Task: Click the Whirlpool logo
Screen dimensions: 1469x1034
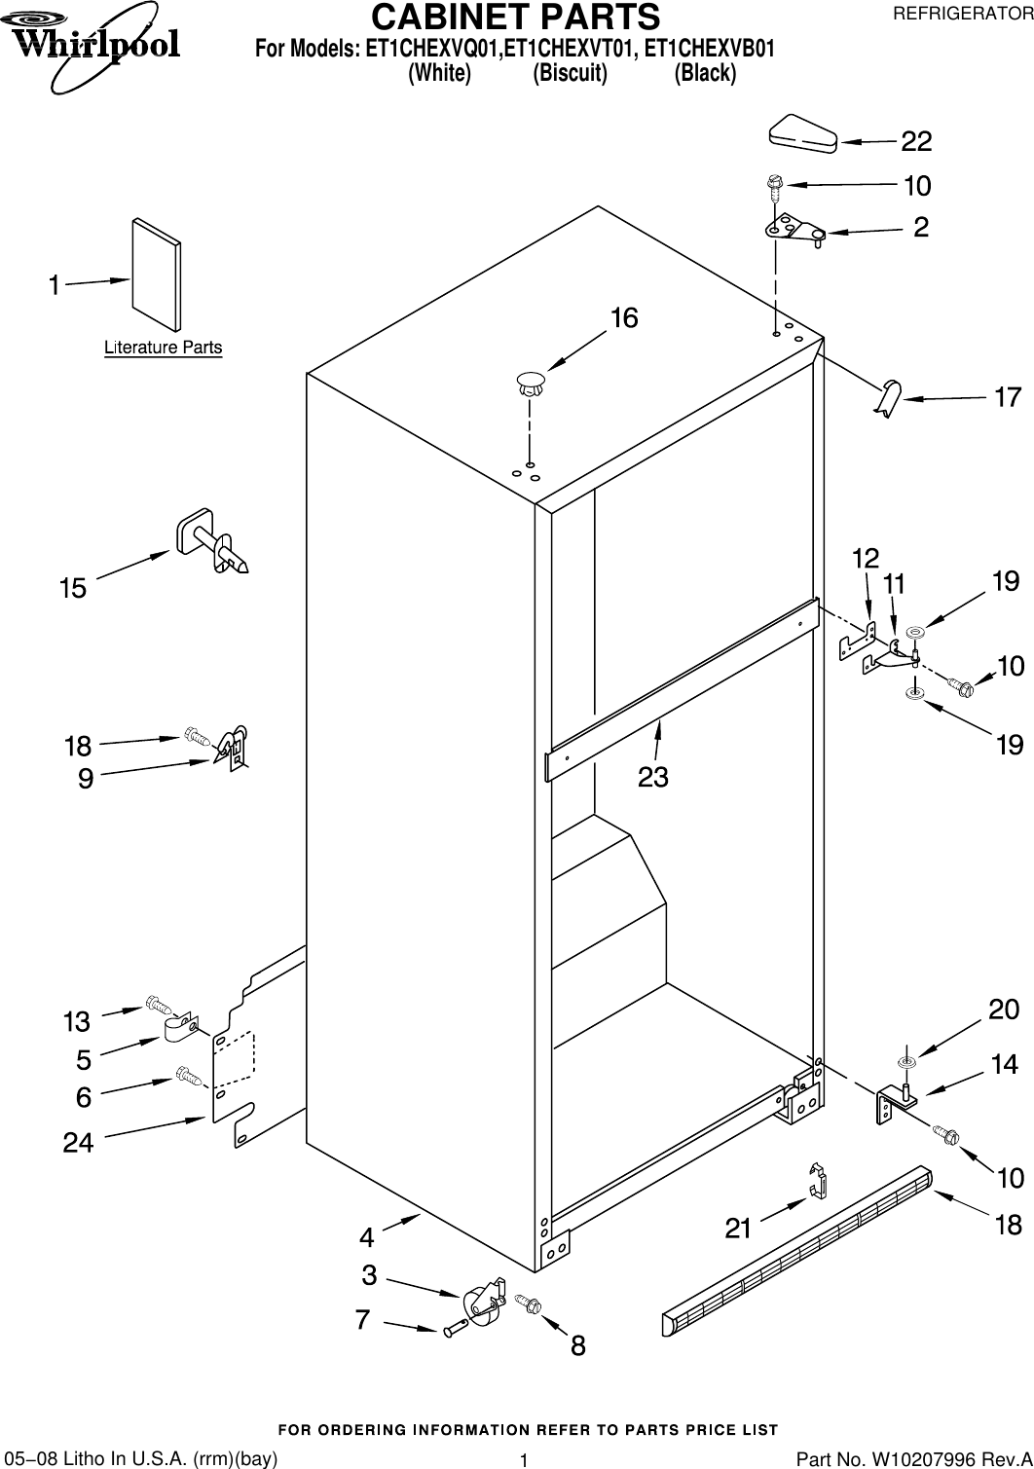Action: coord(94,45)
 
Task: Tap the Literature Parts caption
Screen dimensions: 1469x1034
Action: coord(163,348)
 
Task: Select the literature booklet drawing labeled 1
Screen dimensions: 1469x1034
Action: coord(156,275)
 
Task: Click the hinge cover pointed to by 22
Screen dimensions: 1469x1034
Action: coord(802,133)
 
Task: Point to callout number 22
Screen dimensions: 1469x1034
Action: coord(915,142)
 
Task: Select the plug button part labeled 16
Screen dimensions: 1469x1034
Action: coord(530,382)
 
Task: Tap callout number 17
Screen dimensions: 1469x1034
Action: coord(1007,397)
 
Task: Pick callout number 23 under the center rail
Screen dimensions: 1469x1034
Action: coord(652,777)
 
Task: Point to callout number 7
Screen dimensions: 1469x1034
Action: coord(362,1320)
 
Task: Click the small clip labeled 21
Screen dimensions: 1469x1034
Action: coord(818,1181)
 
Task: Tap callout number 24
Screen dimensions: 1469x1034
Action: coord(79,1143)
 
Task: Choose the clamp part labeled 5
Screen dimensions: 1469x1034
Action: coord(180,1028)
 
